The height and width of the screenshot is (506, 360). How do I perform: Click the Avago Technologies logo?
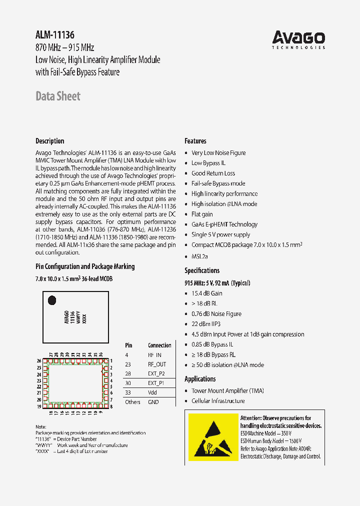(x=298, y=39)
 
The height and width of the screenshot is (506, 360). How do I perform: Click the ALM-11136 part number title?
(x=55, y=35)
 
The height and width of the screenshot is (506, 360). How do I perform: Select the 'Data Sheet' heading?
(x=58, y=96)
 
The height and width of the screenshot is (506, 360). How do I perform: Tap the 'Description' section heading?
(x=50, y=141)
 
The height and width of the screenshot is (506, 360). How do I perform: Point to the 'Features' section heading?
(x=195, y=141)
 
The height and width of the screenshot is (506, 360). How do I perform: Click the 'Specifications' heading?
(x=202, y=270)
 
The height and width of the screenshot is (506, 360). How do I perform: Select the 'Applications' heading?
(x=200, y=379)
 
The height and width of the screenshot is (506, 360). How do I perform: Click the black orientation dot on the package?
(x=51, y=300)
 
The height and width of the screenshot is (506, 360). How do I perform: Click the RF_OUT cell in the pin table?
(x=157, y=364)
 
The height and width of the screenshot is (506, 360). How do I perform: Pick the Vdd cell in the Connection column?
(x=152, y=392)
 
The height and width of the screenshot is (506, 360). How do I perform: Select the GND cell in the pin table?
(x=153, y=402)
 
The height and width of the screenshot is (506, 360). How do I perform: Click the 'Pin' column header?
(x=128, y=345)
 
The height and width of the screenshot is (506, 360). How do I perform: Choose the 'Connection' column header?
(x=159, y=345)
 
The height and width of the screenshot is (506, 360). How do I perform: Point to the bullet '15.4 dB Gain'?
(x=206, y=293)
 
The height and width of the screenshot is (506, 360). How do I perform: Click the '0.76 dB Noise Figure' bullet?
(x=216, y=314)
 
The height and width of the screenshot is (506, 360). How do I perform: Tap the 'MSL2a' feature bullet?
(x=199, y=256)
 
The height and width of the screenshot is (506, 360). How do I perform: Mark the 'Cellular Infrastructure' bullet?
(x=218, y=401)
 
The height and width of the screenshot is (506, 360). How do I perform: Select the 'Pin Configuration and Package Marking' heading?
(x=85, y=266)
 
